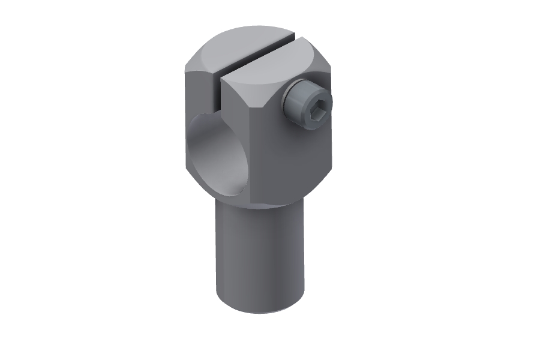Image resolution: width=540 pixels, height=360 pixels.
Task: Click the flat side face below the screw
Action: click(294, 162)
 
